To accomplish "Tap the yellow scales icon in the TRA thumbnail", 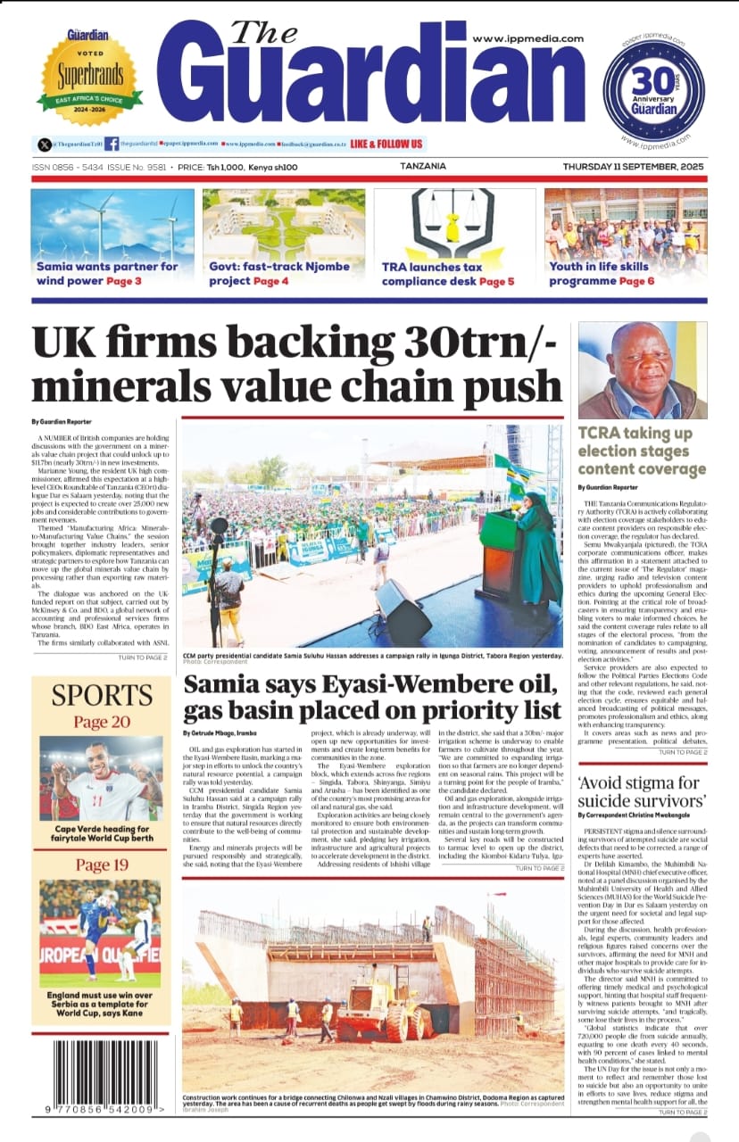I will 453,224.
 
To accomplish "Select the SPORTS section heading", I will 102,695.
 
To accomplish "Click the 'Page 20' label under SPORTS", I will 102,722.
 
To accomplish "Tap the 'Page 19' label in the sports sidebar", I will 102,865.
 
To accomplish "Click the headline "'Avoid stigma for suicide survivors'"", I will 641,790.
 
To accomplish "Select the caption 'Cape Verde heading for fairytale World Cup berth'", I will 102,833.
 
